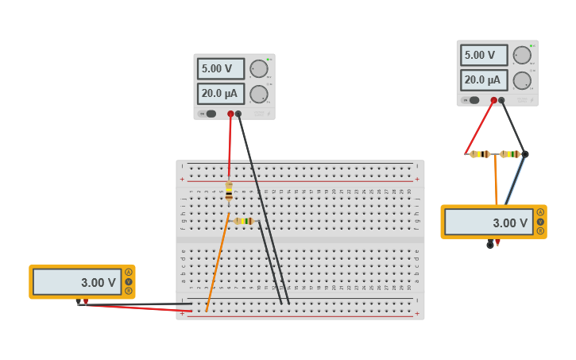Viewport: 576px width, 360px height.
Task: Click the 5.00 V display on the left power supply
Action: point(220,69)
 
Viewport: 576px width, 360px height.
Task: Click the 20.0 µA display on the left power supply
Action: point(220,94)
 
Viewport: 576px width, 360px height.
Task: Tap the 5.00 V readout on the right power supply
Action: point(483,56)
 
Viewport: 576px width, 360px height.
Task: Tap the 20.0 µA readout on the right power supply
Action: point(483,80)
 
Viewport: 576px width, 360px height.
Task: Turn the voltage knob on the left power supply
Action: point(259,69)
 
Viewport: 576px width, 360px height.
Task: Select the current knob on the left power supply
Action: point(259,95)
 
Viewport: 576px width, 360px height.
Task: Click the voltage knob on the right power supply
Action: point(522,56)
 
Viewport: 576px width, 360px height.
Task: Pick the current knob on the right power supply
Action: point(522,80)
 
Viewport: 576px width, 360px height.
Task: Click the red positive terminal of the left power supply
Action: point(230,114)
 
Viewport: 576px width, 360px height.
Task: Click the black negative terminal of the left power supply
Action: point(238,114)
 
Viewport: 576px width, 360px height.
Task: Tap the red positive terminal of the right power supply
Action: point(493,100)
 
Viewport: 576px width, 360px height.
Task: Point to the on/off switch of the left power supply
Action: point(211,114)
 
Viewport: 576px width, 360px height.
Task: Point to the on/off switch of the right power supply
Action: point(474,100)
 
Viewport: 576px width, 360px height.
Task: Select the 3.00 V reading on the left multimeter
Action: point(77,282)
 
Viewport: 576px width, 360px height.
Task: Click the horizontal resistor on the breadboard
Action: point(243,221)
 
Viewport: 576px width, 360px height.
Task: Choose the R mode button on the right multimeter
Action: point(540,231)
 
